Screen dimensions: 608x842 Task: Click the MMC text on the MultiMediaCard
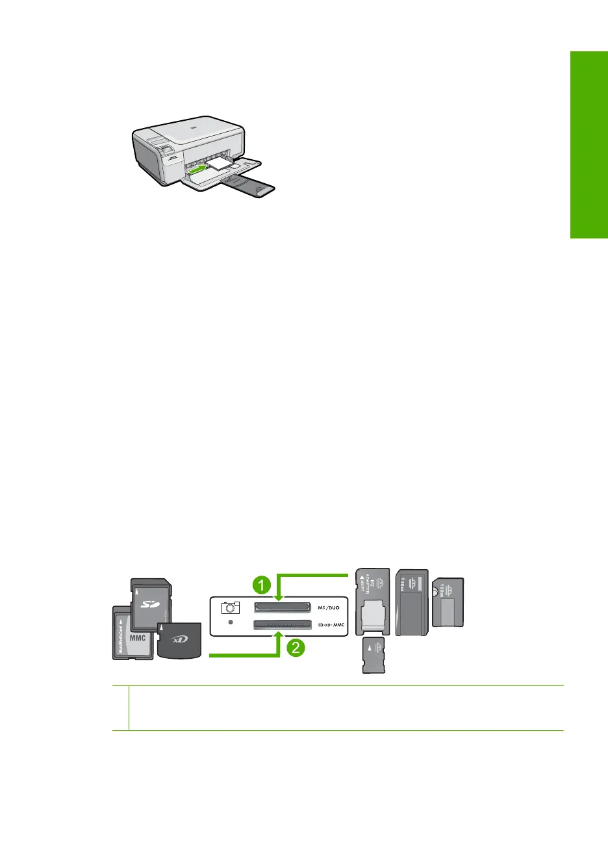click(138, 637)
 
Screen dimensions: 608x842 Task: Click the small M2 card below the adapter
click(373, 654)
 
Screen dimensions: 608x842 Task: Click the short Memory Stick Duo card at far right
click(448, 602)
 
